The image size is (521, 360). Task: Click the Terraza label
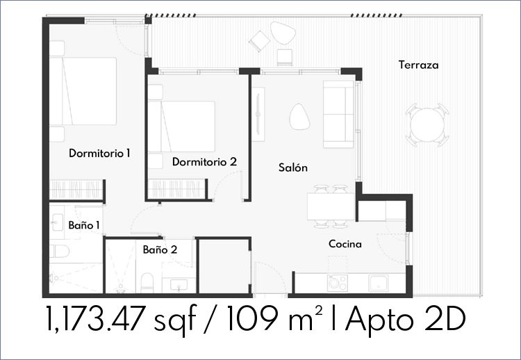click(418, 65)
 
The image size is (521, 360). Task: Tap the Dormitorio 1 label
click(99, 153)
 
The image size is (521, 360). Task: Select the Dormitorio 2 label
click(204, 162)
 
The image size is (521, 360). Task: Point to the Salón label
click(292, 167)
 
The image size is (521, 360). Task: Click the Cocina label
click(345, 244)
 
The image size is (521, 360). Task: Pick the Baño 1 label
click(84, 225)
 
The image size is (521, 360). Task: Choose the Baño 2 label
click(160, 249)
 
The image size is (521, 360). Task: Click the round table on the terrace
click(427, 125)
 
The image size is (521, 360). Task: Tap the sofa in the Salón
click(338, 114)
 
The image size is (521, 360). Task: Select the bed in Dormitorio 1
click(83, 91)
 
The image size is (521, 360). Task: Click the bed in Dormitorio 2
click(182, 126)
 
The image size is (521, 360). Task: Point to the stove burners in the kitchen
click(337, 283)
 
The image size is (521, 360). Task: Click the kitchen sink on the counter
click(378, 283)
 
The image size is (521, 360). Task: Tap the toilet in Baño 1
click(59, 252)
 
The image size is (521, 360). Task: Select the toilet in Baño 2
click(147, 283)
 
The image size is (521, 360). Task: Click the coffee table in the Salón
click(299, 116)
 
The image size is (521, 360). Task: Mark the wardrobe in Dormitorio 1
click(76, 190)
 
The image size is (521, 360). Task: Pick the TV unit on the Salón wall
click(258, 114)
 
